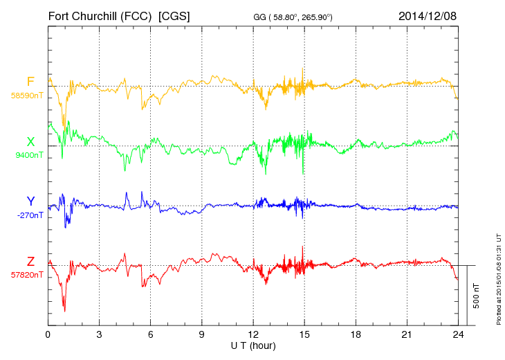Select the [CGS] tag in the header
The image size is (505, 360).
(174, 15)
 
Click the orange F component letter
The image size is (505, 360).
(30, 82)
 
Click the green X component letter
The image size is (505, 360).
(30, 142)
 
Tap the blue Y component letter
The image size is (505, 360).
(30, 201)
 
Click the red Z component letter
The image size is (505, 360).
(30, 262)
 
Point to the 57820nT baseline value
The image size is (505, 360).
(27, 275)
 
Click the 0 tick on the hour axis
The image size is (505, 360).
(48, 335)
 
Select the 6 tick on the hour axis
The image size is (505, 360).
(151, 335)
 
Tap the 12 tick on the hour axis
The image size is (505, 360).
(253, 335)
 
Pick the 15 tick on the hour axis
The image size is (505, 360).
(304, 335)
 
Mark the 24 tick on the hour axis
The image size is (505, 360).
(457, 335)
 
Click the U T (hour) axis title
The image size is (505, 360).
(253, 345)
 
